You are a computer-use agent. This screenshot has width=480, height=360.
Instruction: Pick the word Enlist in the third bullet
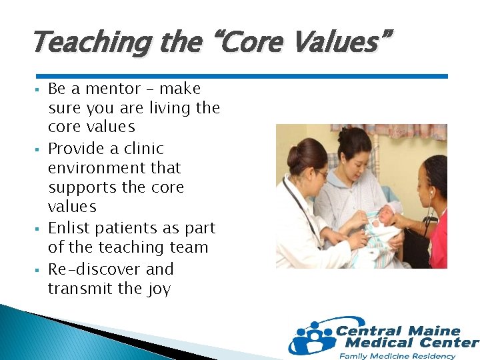click(x=68, y=228)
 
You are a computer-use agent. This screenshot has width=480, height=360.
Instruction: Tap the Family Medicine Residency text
click(x=397, y=356)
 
